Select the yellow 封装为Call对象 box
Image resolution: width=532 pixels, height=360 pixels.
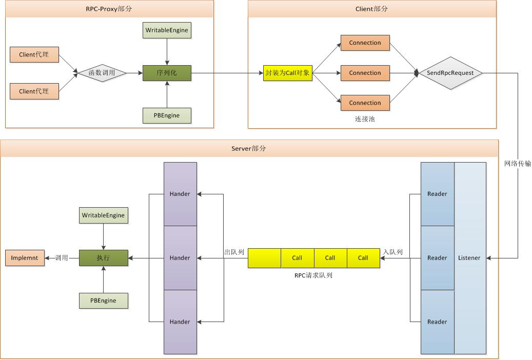tap(287, 73)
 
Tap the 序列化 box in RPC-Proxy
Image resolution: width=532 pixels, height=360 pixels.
tap(167, 73)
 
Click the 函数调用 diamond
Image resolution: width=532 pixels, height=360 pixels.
tap(102, 73)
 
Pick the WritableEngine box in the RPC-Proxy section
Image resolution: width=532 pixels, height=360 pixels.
tap(167, 30)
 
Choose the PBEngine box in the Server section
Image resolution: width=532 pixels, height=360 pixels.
tap(103, 301)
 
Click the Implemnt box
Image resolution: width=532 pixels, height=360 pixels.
tap(25, 258)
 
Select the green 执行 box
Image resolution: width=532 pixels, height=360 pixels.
tap(103, 258)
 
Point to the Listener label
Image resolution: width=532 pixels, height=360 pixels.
tap(469, 258)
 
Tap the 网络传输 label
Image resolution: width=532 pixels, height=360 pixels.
tap(518, 164)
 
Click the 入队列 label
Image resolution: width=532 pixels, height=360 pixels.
tap(393, 252)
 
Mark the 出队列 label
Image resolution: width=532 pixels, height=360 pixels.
tap(234, 252)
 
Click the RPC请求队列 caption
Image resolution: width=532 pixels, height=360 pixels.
tap(313, 275)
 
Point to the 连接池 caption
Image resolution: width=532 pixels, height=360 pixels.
tap(365, 118)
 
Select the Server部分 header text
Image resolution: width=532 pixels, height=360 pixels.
tap(249, 148)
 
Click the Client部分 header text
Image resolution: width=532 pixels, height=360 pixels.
tap(371, 9)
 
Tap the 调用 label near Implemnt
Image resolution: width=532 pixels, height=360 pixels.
tap(62, 258)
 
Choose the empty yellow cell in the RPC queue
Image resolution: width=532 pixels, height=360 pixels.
tap(264, 258)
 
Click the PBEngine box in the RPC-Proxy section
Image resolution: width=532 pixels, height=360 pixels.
tap(167, 115)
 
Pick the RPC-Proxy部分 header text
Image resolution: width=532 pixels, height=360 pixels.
tap(109, 9)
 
